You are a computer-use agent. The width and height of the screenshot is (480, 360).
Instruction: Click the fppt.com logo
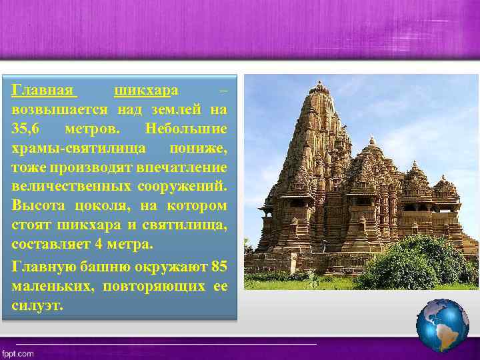tap(18, 353)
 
